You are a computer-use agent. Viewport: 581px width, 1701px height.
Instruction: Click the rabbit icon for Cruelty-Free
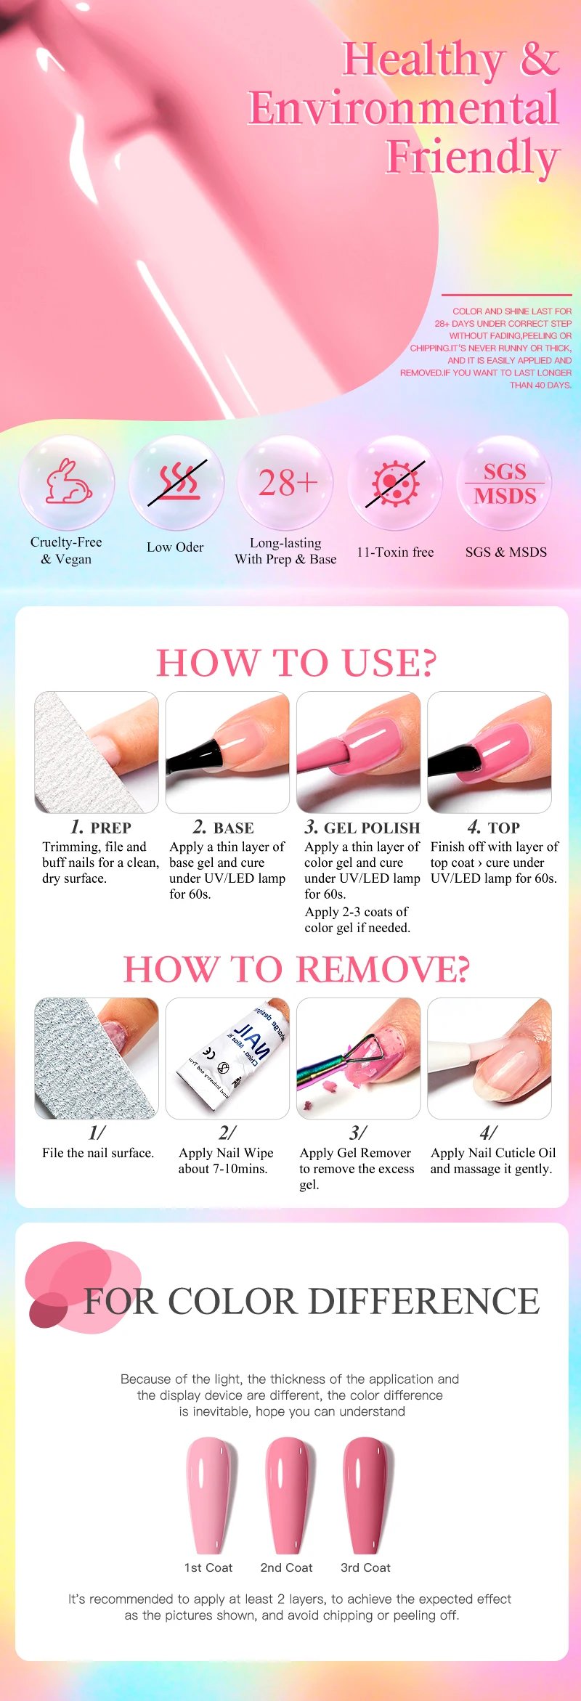click(68, 481)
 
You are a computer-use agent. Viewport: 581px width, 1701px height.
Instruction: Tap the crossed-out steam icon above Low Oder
click(177, 483)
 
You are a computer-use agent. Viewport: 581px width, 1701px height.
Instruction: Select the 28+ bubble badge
click(288, 483)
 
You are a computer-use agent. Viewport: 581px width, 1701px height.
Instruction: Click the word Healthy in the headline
click(424, 60)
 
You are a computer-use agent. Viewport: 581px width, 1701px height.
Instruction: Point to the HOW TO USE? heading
click(296, 663)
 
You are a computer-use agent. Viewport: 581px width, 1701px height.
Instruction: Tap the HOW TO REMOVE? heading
click(296, 969)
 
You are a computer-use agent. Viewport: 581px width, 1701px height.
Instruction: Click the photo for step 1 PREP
click(97, 752)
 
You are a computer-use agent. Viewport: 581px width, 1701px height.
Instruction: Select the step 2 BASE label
click(224, 828)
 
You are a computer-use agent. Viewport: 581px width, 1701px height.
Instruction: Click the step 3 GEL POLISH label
click(362, 828)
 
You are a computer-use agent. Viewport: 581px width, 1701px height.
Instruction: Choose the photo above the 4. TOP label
click(489, 752)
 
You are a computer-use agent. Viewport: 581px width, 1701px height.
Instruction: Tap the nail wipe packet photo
click(227, 1058)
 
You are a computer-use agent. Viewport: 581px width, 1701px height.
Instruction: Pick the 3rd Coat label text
click(365, 1567)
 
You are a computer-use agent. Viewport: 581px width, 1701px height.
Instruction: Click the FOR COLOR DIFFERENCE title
click(312, 1301)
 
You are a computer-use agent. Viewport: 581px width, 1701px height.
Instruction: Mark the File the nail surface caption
click(98, 1153)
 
